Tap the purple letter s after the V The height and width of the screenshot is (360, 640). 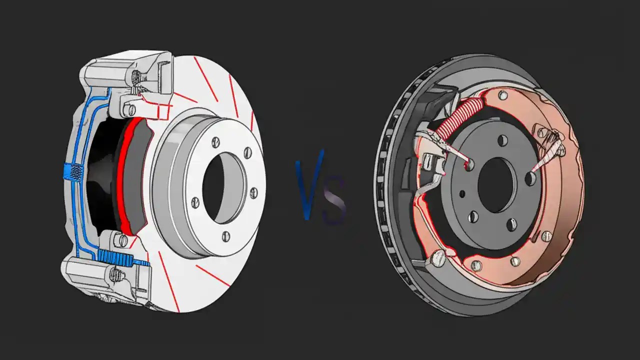point(334,202)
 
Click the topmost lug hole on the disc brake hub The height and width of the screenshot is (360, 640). point(216,142)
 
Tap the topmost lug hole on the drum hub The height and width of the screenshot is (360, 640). point(502,141)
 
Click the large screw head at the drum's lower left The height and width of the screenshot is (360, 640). point(438,257)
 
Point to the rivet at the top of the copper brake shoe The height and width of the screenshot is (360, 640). point(503,95)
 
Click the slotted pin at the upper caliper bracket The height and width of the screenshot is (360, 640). point(131,109)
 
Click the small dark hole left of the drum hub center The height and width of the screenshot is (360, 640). point(461,193)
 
